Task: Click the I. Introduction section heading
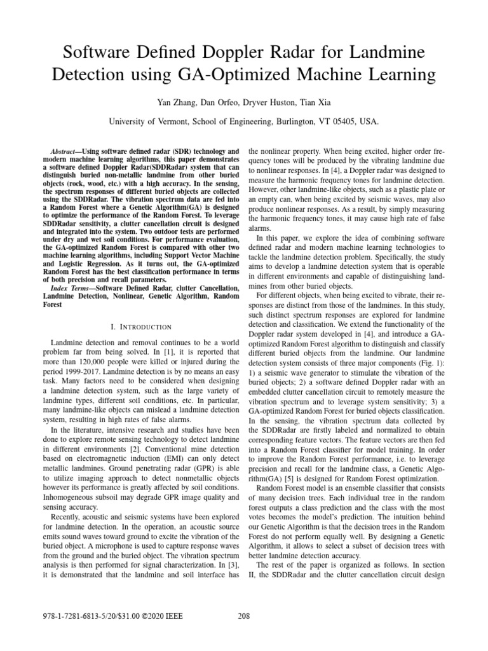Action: pyautogui.click(x=141, y=327)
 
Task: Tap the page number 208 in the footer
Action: pyautogui.click(x=244, y=633)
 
